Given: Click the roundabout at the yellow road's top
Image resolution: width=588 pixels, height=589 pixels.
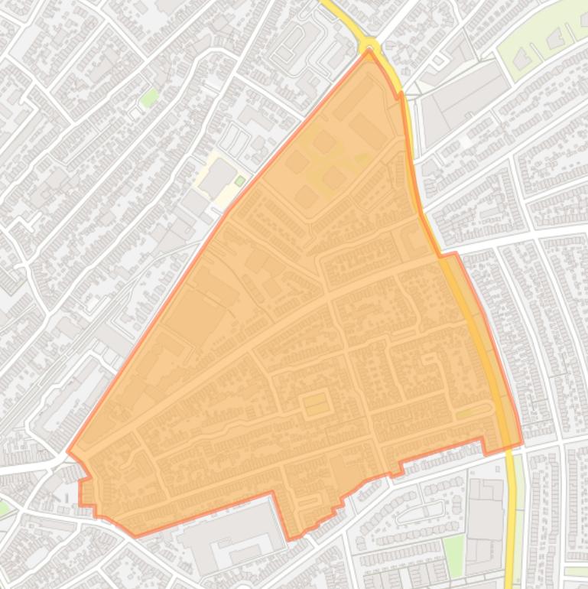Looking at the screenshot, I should tap(370, 45).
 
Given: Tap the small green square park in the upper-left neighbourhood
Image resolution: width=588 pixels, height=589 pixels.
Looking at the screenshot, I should tap(150, 97).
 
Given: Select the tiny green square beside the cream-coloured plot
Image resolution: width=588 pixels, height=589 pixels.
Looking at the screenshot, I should tap(240, 181).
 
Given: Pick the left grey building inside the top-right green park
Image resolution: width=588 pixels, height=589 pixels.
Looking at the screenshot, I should tap(524, 57).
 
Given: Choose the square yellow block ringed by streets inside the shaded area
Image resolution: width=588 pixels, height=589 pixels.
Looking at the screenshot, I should tap(316, 403).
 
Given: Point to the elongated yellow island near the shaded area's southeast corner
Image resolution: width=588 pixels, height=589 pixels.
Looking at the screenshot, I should tap(474, 412).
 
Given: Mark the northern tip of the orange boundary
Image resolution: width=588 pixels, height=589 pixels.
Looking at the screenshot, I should tap(369, 51).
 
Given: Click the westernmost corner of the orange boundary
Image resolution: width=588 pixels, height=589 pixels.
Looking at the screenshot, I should tap(68, 452).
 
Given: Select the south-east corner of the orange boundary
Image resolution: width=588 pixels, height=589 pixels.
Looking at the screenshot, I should tap(521, 442).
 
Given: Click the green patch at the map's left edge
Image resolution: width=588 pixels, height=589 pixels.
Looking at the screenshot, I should tap(3, 507).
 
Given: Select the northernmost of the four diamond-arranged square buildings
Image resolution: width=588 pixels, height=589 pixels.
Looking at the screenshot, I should tap(324, 142).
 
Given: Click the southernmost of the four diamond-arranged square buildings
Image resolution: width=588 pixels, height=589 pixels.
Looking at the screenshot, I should tap(306, 197).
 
